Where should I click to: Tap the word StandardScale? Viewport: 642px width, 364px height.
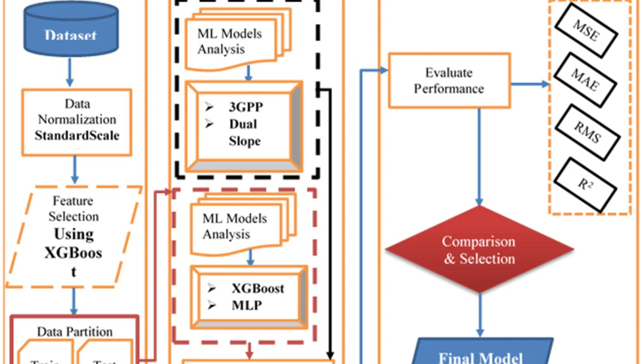tap(77, 135)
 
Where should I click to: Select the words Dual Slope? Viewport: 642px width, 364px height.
tap(244, 132)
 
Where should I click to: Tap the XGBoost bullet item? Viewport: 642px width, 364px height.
tap(257, 289)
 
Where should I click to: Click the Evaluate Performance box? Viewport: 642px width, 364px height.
tap(448, 80)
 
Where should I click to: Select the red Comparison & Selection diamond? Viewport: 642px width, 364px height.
tap(479, 249)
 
